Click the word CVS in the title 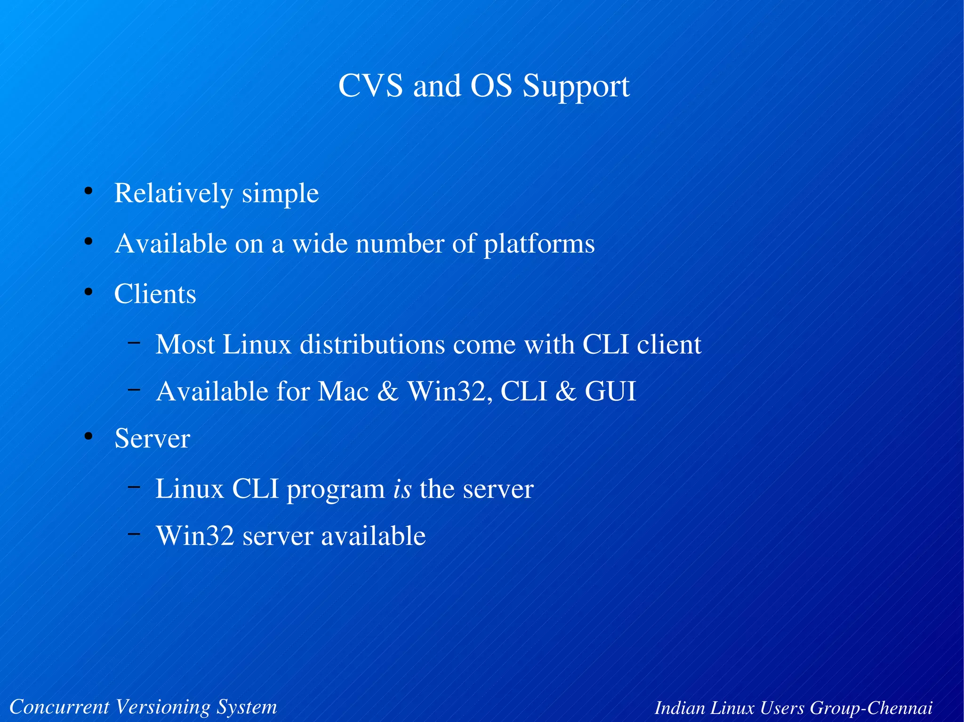pyautogui.click(x=370, y=86)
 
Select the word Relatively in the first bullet pyautogui.click(x=174, y=193)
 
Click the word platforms pyautogui.click(x=539, y=245)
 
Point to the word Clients pyautogui.click(x=155, y=294)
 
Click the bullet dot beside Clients pyautogui.click(x=88, y=292)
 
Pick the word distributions pyautogui.click(x=372, y=344)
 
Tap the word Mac pyautogui.click(x=343, y=391)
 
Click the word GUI pyautogui.click(x=610, y=391)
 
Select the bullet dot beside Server pyautogui.click(x=88, y=436)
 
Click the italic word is pyautogui.click(x=402, y=489)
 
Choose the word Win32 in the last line pyautogui.click(x=195, y=536)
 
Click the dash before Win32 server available pyautogui.click(x=134, y=533)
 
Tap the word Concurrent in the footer pyautogui.click(x=59, y=706)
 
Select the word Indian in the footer pyautogui.click(x=680, y=707)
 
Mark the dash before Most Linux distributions pyautogui.click(x=134, y=342)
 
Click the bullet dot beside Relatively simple pyautogui.click(x=88, y=191)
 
